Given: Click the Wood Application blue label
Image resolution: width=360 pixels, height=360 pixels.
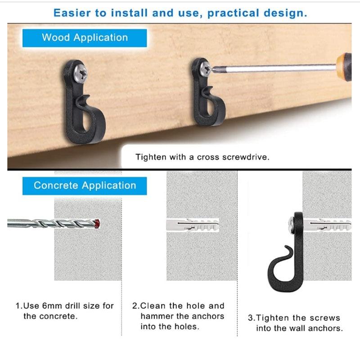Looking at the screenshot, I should [x=85, y=38].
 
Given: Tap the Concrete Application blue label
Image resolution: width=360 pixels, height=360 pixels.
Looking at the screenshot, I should [x=85, y=186].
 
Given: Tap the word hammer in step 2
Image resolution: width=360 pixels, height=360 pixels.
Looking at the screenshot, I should [x=154, y=316].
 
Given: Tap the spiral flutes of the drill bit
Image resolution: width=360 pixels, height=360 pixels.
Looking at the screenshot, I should [x=58, y=223].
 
